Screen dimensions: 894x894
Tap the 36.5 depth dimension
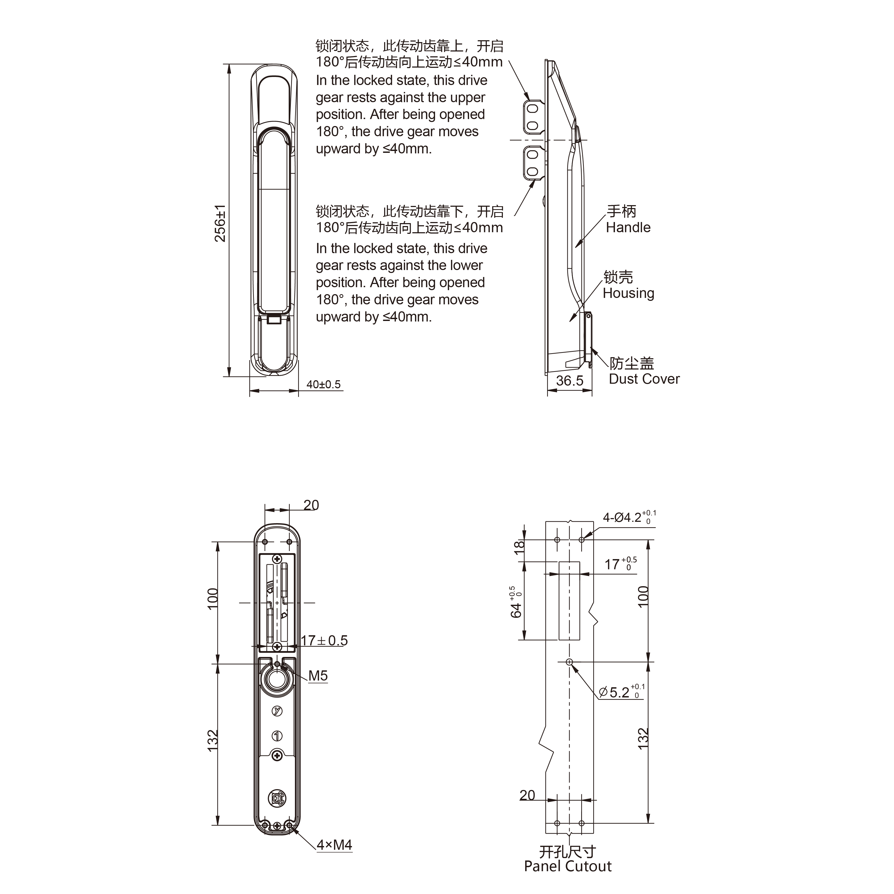tap(570, 380)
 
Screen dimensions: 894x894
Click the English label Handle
tap(628, 227)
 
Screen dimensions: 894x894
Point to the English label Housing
tap(628, 293)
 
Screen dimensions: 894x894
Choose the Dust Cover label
tap(644, 379)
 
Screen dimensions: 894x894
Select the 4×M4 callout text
tap(334, 845)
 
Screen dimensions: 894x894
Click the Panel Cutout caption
tap(568, 866)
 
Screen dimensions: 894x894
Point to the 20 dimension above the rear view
tap(311, 505)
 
